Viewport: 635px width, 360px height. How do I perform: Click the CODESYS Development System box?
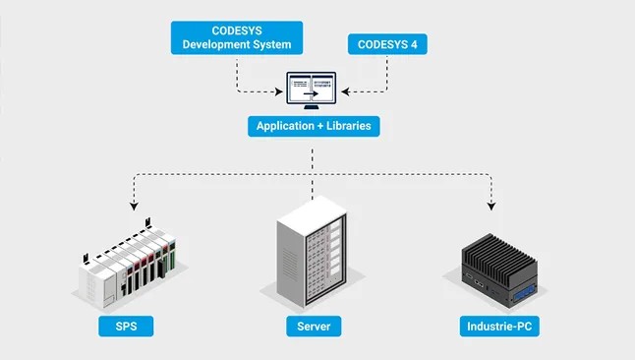(x=237, y=37)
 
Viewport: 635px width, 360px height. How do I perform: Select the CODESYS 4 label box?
(x=387, y=44)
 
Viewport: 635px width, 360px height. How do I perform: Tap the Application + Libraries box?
(x=314, y=126)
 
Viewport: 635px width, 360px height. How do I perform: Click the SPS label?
(x=126, y=327)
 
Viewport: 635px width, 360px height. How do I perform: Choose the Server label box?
(x=314, y=327)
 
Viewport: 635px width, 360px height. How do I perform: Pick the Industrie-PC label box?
(x=499, y=327)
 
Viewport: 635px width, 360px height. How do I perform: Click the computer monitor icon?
(x=312, y=90)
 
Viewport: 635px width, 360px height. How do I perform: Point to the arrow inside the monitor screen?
(x=311, y=94)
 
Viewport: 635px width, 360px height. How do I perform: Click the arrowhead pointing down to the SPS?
(x=134, y=206)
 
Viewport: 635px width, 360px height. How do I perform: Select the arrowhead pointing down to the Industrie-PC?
(x=491, y=206)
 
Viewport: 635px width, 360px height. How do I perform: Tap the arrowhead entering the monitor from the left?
(x=278, y=91)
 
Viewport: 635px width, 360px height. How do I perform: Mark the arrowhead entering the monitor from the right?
(x=345, y=91)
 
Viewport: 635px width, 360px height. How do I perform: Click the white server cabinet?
(x=312, y=252)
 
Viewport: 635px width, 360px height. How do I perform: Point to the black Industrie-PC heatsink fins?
(x=499, y=256)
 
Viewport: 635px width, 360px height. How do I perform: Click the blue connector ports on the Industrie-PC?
(x=525, y=294)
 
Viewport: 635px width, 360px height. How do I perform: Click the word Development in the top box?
(x=211, y=44)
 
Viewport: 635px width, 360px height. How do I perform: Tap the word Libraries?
(x=349, y=126)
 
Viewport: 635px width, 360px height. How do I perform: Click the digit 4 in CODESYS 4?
(x=414, y=44)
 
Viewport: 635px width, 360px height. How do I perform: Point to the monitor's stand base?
(x=312, y=107)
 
